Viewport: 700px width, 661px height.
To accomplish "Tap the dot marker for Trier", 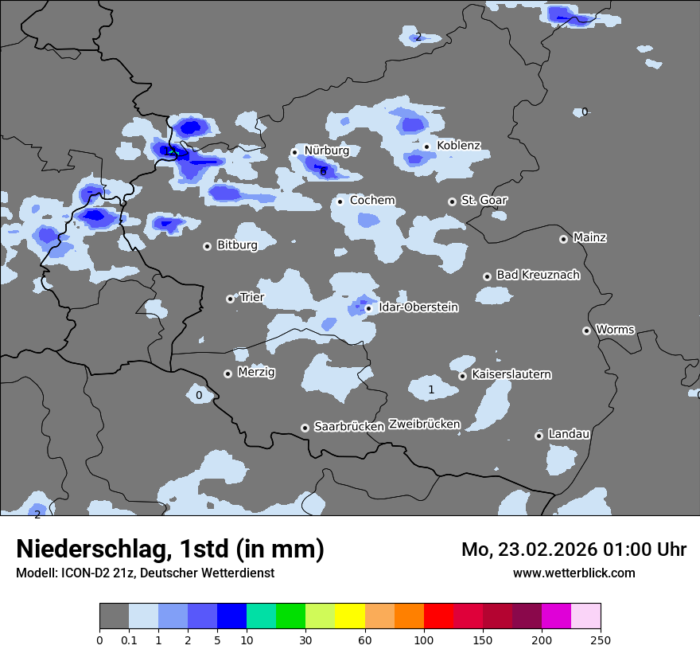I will point(230,299).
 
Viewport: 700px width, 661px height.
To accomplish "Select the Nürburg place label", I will point(327,151).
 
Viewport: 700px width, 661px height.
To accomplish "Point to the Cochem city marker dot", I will point(340,201).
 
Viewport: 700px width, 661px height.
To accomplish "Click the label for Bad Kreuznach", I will point(538,275).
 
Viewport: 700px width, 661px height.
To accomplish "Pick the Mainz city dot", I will point(563,239).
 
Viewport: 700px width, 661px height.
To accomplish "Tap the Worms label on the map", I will point(615,330).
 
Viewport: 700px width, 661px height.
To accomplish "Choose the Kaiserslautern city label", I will point(511,374).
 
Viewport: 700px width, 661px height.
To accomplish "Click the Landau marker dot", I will point(539,436).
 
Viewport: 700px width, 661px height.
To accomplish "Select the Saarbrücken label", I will point(349,427).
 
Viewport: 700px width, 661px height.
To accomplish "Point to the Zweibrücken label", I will point(424,424).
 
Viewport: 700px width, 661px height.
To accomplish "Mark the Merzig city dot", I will point(227,374).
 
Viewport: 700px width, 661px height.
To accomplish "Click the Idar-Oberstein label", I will point(418,307).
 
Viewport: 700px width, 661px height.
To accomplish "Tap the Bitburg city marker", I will point(207,246).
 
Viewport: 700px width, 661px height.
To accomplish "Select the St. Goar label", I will point(484,201).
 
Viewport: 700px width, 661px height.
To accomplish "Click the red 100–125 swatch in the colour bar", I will point(438,616).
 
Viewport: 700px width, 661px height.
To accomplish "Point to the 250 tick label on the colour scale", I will point(601,640).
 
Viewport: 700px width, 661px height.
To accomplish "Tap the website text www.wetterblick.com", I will point(574,573).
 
